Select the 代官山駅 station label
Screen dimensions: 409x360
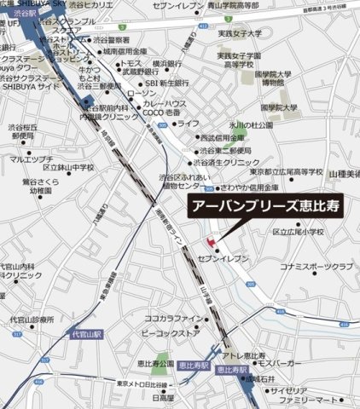(85, 335)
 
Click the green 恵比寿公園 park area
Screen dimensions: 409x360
(159, 367)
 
